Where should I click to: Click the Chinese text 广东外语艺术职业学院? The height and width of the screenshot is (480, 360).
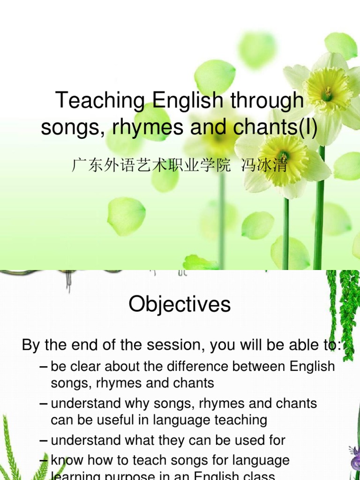tap(151, 165)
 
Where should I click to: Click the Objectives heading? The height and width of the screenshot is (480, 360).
tap(180, 304)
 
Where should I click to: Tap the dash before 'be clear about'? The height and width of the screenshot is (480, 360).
tap(44, 366)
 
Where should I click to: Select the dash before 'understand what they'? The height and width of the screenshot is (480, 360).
tap(44, 440)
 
